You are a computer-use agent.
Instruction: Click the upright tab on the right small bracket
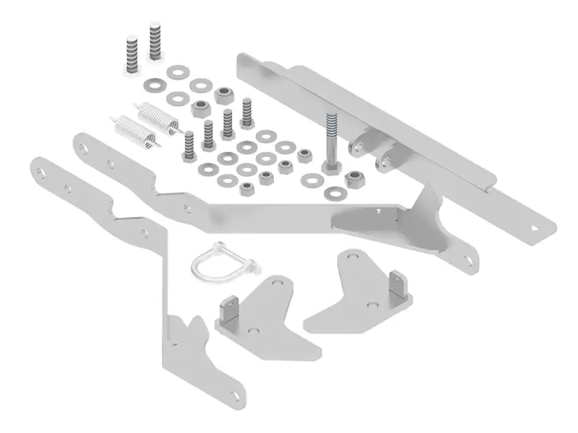coord(397,286)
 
